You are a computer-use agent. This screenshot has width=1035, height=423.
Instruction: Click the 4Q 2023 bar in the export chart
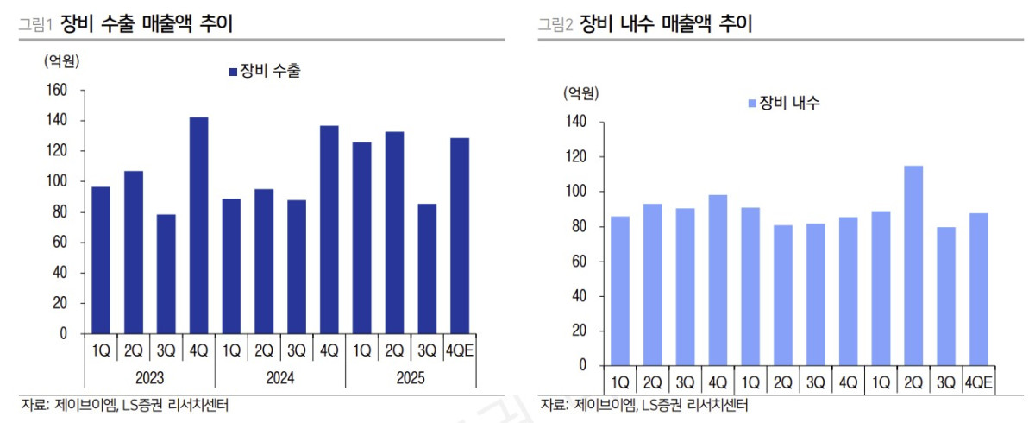198,225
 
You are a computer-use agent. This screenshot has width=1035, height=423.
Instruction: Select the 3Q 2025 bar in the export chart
428,268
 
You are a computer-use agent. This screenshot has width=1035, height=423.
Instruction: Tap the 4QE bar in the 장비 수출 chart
460,236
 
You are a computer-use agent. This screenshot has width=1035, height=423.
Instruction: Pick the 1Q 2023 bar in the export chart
101,260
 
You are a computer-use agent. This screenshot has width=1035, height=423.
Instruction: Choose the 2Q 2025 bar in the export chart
395,232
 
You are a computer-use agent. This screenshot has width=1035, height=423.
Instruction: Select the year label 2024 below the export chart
279,377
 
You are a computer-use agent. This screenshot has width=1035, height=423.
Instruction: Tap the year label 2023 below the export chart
149,377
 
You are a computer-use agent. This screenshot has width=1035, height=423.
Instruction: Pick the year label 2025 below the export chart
411,377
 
